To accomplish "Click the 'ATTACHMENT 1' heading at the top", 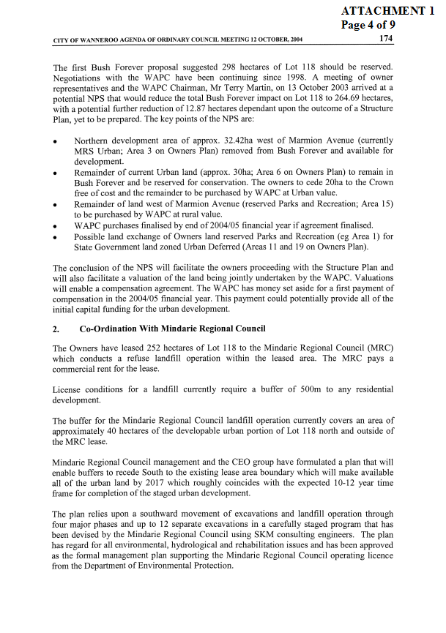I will point(392,10).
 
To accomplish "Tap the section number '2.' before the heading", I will point(57,329).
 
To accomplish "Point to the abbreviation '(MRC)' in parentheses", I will point(379,348).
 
